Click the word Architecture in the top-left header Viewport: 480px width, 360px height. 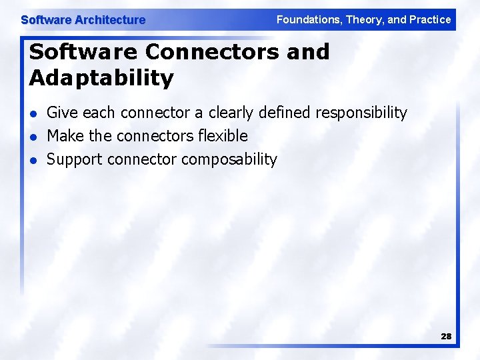(110, 20)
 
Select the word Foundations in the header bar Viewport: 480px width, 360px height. (307, 19)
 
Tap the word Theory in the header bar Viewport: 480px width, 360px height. (363, 19)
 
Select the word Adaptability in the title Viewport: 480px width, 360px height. (101, 78)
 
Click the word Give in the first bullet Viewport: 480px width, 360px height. (61, 113)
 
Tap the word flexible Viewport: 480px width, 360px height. (222, 136)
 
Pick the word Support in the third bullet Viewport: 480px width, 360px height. (75, 160)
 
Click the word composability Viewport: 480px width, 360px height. (229, 160)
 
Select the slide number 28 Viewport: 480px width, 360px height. (446, 337)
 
